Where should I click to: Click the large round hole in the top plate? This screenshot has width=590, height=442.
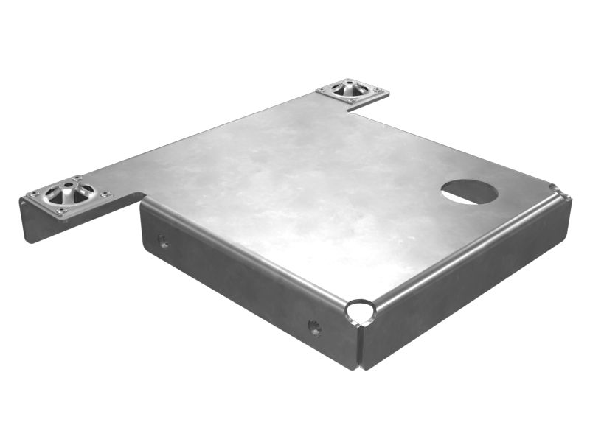coord(470,192)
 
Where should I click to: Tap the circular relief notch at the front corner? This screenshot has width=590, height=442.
coord(361,311)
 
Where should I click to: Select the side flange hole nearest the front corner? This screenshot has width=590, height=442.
coord(314,327)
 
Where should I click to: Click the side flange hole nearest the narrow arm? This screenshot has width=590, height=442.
coord(163,241)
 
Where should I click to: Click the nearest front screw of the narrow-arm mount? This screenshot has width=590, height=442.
coord(61,211)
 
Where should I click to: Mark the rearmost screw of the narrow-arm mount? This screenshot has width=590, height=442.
coord(77,179)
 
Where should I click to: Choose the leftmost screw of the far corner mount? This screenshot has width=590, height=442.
coord(322,89)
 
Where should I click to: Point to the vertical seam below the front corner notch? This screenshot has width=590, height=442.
coord(360,346)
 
